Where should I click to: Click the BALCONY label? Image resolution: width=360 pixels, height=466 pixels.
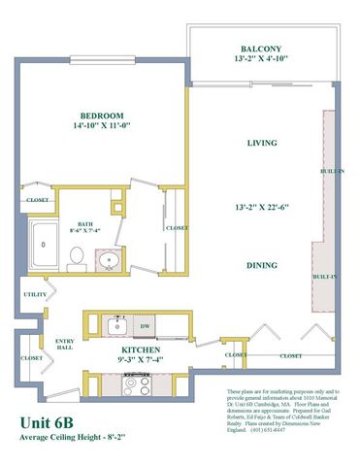(261, 50)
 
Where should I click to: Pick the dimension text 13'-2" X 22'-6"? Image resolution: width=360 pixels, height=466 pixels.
(261, 207)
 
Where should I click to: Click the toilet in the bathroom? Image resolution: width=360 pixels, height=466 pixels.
(77, 257)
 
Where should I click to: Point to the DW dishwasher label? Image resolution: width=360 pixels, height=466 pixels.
(145, 326)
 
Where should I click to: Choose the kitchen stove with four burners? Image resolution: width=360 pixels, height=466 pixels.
(135, 383)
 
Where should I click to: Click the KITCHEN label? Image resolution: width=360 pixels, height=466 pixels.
(141, 349)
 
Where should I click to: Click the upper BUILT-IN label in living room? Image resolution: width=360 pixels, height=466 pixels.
(330, 171)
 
